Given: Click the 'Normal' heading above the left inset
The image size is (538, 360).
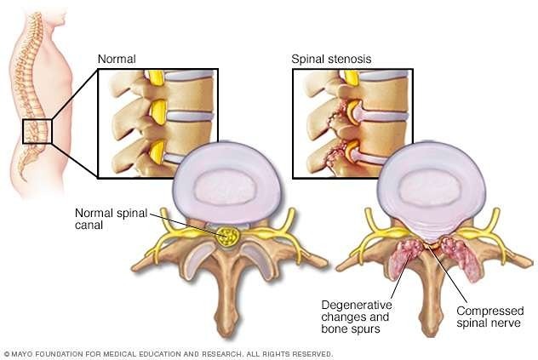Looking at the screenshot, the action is (x=117, y=59).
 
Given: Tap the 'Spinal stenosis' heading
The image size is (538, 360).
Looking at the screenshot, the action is (x=331, y=59).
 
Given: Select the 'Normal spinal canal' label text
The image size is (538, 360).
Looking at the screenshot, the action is (x=112, y=219).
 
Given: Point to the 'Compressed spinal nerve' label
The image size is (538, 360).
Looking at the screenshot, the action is (x=490, y=317).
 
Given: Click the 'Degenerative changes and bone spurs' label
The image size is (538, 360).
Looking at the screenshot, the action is (x=357, y=317).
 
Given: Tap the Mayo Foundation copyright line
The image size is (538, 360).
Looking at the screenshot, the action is (x=169, y=354).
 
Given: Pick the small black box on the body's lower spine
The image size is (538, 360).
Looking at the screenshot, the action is (x=37, y=131).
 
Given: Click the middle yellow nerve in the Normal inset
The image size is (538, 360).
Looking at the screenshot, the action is (x=158, y=111).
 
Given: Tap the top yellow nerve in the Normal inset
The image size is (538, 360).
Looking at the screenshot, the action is (x=156, y=77).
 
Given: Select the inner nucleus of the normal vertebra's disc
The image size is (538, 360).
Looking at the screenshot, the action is (x=225, y=186).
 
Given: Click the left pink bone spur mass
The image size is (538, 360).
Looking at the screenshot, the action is (x=404, y=257).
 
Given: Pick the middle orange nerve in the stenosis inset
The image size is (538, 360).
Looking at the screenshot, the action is (x=353, y=111).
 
